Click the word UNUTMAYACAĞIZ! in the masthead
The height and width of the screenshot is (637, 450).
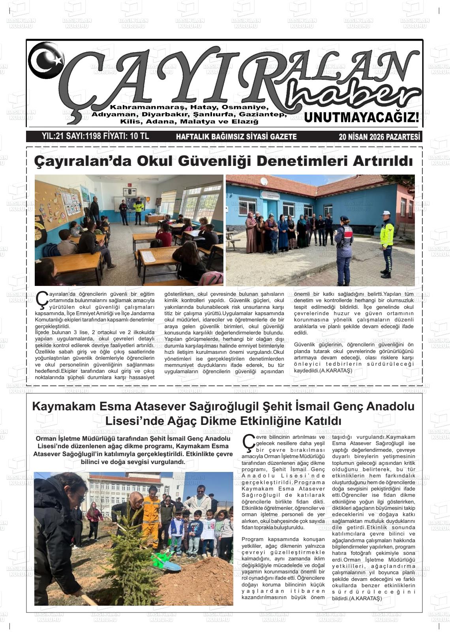(x=362, y=117)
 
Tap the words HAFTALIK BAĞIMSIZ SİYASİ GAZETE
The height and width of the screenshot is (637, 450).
(x=236, y=137)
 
